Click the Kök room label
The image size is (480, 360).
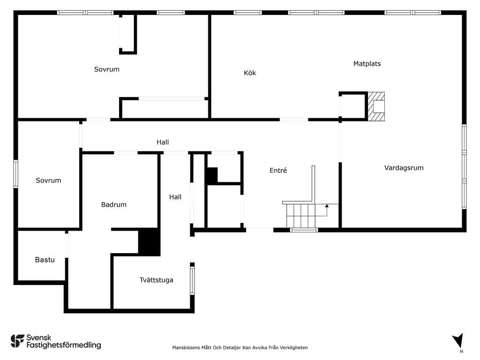coord(250,73)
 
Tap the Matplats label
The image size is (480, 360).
coord(367,64)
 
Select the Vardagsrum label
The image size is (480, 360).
coord(404,168)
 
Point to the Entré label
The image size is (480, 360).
coord(278,170)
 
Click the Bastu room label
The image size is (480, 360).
coord(45,260)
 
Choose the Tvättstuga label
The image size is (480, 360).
coord(156,280)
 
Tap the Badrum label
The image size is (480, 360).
coord(113,204)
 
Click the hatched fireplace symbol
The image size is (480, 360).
coord(376,106)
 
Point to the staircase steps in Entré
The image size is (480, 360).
coord(301,216)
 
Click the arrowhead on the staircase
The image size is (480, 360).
coord(327,206)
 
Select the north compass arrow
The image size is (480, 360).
coord(458,341)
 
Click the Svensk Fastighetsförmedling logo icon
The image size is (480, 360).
coord(17,341)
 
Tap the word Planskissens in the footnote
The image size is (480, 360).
coord(186,347)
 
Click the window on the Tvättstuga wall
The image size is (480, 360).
coord(192,281)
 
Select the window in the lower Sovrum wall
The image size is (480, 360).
coord(15,174)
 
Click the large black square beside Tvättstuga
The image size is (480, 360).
coord(150,242)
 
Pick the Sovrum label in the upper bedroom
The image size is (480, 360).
coord(106,69)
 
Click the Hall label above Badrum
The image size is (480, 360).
coord(163,142)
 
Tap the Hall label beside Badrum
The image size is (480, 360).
coord(175,197)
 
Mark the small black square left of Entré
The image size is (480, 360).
coord(211,175)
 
